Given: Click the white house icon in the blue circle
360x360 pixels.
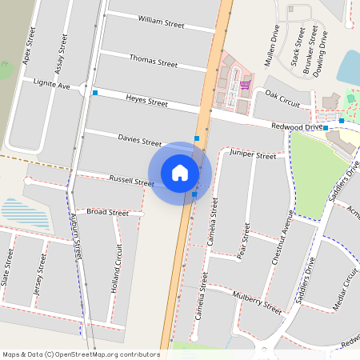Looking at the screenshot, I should point(180,173).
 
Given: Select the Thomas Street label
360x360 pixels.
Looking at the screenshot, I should point(153,61).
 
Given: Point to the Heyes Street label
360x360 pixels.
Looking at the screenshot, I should point(146,101).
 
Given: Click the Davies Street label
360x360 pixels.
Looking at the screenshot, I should point(140,140).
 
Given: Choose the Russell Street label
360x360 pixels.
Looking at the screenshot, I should point(131,182).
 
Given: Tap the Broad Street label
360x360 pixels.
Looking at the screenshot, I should point(107,213).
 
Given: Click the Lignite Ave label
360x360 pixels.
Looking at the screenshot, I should point(52,83).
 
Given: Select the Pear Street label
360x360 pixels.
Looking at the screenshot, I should point(243,241).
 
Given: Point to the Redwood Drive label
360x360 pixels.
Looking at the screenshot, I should point(296,126).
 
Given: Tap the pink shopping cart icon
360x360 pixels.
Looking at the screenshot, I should point(245,84).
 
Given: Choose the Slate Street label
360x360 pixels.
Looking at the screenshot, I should point(10,267).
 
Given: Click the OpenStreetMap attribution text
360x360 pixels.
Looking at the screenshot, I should point(81,354).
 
